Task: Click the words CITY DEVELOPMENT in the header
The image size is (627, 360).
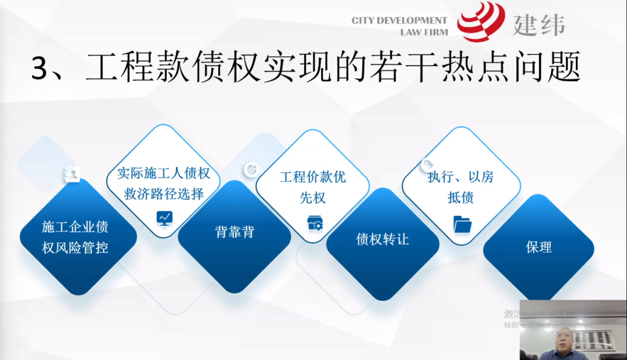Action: point(399,21)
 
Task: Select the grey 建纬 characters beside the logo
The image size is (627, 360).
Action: point(538,24)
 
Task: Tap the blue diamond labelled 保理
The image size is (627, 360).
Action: point(538,247)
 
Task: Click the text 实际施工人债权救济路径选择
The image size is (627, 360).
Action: point(164,183)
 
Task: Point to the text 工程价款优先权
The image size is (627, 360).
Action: point(312,187)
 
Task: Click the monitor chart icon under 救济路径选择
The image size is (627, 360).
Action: point(164,218)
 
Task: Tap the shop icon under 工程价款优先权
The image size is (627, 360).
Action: point(314,223)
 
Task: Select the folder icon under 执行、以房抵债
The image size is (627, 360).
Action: point(462,224)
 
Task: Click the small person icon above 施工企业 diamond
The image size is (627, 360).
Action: point(72,174)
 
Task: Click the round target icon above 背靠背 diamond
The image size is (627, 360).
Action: point(251,169)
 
